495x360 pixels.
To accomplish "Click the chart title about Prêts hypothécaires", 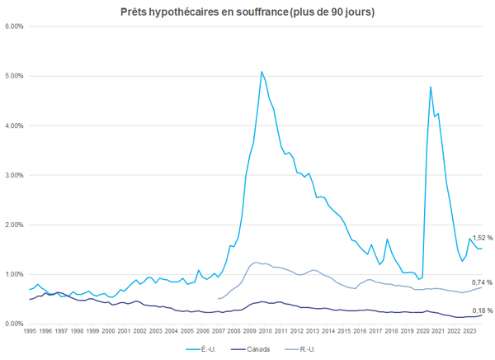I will tap(247, 12).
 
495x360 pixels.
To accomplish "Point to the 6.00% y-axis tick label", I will tap(14, 26).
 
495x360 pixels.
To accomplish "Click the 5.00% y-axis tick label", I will tap(14, 76).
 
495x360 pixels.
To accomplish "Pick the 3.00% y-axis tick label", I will tap(14, 175).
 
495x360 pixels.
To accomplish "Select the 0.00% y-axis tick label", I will tap(14, 324).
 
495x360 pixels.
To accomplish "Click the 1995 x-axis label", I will tap(30, 332).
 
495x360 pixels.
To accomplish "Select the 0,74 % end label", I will tap(483, 282).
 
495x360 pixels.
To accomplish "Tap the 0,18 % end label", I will tap(483, 310).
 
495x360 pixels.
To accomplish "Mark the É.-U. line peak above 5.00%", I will tap(262, 72).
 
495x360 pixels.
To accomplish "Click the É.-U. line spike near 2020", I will tap(431, 87).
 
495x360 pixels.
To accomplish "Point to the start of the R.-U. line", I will tap(217, 299).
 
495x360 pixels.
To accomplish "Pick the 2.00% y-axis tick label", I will tap(14, 225).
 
